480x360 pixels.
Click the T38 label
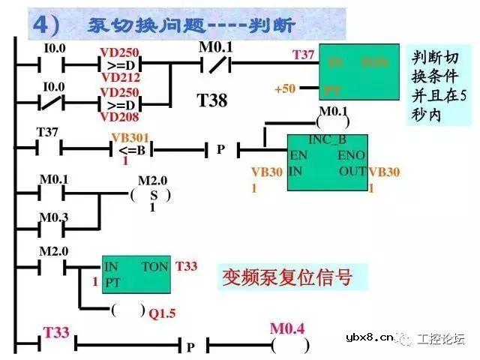[212, 100]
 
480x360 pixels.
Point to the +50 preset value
[285, 89]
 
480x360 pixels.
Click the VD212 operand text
[115, 77]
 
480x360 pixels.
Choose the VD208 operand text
[115, 117]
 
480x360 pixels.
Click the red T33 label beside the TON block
[187, 266]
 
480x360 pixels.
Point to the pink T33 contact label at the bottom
[56, 331]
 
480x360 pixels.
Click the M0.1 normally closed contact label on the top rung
[216, 48]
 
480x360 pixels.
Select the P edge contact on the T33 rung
[190, 347]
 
